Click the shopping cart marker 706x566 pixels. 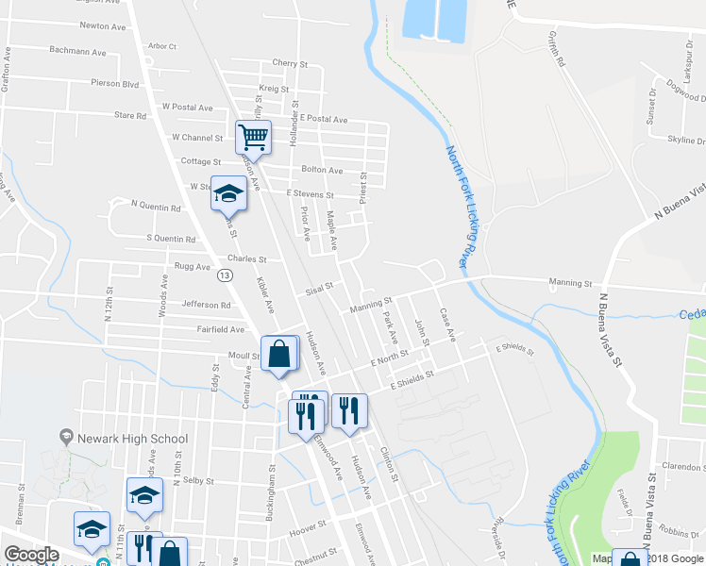[x=253, y=137]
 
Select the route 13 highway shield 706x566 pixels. [x=224, y=275]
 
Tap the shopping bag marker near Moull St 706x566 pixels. [x=279, y=356]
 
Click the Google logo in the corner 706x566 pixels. [x=31, y=555]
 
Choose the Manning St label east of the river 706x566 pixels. [x=570, y=282]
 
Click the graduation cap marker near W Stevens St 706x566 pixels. [x=227, y=193]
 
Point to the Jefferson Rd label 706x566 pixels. [x=206, y=306]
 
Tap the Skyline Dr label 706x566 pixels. [x=687, y=140]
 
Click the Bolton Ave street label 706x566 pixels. [x=322, y=170]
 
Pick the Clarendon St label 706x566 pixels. [x=684, y=466]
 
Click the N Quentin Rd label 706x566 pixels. [x=156, y=205]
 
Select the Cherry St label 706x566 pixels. [x=290, y=63]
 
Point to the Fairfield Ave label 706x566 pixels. [x=221, y=330]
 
